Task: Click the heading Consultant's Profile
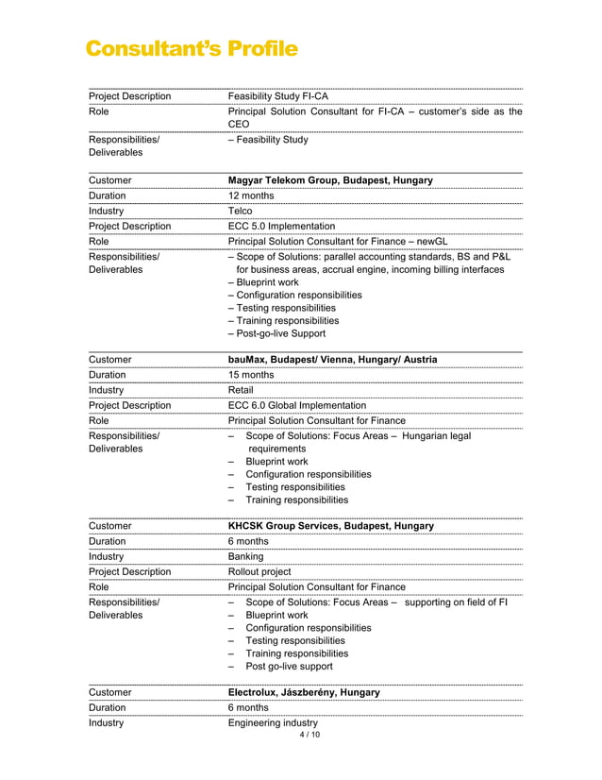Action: click(192, 48)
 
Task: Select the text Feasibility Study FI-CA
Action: click(278, 96)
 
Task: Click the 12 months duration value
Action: click(250, 195)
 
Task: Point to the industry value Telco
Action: click(241, 211)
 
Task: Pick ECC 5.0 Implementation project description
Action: click(281, 227)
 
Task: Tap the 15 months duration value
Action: click(251, 375)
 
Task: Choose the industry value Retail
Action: click(241, 390)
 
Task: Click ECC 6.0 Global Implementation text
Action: click(297, 406)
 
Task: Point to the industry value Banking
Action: click(246, 556)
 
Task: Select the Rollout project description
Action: click(259, 571)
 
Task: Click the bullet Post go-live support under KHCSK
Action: click(289, 667)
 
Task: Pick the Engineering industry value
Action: click(274, 723)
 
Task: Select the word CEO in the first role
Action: click(239, 123)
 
